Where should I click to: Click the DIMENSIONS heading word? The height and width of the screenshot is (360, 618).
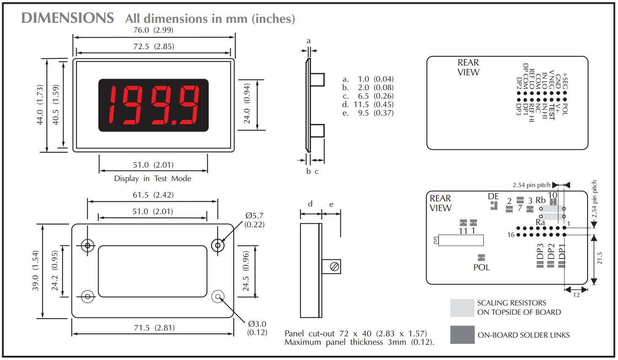tap(68, 18)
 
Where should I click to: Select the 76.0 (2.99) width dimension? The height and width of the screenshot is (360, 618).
tap(153, 30)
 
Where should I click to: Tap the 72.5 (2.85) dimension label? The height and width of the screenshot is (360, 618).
tap(154, 47)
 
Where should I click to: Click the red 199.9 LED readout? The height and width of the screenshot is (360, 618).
tap(154, 105)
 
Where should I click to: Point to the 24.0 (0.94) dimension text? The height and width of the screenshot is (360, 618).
tap(247, 104)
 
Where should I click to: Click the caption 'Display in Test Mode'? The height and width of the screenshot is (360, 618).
tap(152, 179)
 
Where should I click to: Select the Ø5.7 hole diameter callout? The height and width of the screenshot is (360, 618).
tap(254, 220)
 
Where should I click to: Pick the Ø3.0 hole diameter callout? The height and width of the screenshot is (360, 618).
tap(257, 328)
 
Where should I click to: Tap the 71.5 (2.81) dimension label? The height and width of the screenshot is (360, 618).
tap(154, 328)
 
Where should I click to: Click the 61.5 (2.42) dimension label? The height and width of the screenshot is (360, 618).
tap(153, 195)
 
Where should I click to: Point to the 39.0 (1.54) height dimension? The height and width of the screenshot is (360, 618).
tap(36, 271)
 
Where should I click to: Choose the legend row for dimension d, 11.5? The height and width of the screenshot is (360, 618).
tap(368, 104)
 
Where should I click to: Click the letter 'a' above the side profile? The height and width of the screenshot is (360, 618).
tap(309, 41)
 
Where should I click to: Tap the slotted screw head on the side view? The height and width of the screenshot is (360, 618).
tap(334, 267)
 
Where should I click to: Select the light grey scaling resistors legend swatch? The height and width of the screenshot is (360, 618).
tap(462, 308)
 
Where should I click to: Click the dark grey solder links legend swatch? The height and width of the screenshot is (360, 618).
tap(462, 335)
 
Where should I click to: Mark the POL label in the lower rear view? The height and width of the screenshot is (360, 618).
tap(481, 267)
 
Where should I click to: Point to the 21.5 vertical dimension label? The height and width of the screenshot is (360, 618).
tap(600, 258)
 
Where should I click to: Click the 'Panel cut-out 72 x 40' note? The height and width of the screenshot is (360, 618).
tap(356, 334)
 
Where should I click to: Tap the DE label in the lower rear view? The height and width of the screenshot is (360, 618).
tap(493, 196)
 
